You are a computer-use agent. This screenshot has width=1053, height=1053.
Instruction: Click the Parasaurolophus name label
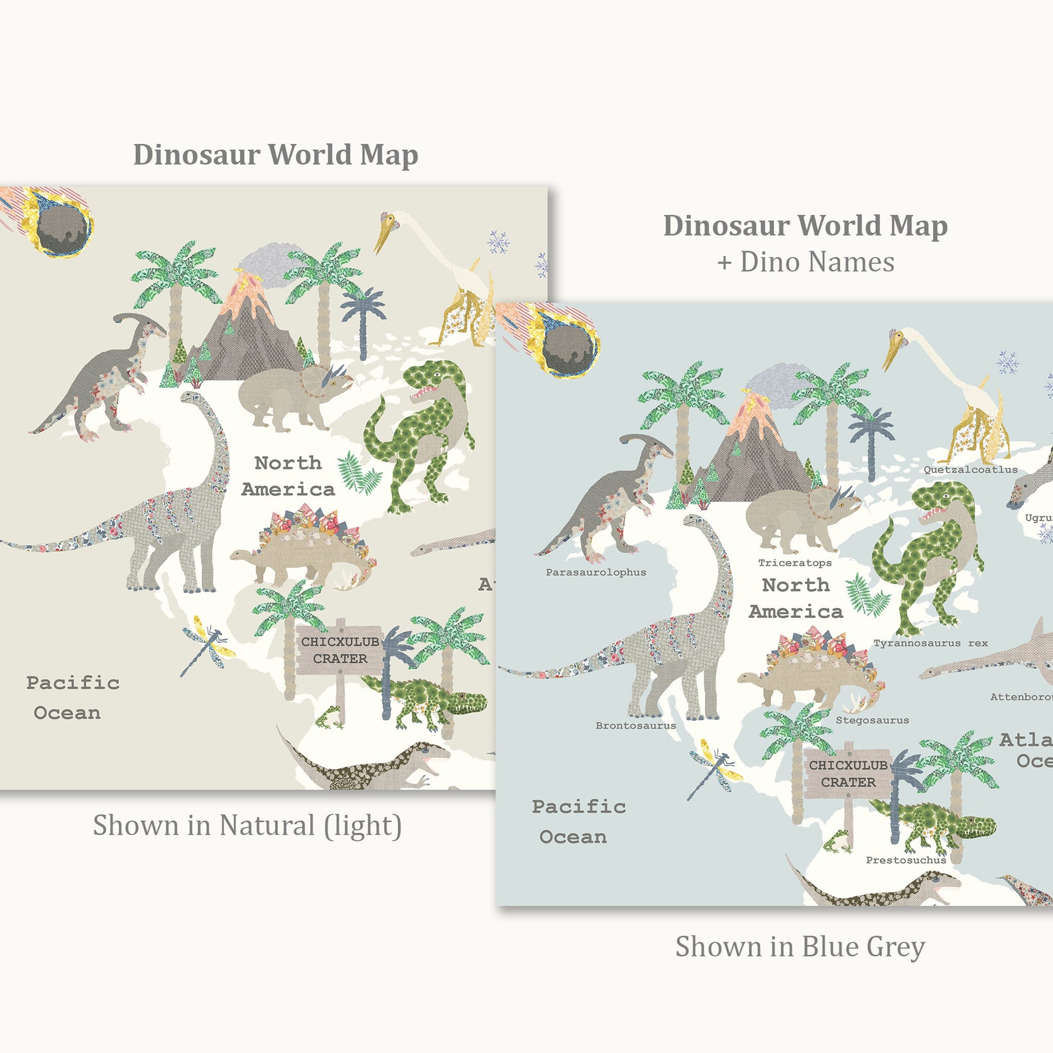pos(595,572)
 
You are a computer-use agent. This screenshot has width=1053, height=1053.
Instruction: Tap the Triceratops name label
pos(794,563)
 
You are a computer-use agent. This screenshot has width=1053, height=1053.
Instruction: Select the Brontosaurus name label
pos(635,725)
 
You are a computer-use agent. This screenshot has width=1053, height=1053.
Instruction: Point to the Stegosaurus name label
pos(872,720)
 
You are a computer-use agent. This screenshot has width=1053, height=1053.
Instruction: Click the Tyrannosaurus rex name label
pos(930,643)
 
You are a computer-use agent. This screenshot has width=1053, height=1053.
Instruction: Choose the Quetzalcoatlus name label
pos(970,469)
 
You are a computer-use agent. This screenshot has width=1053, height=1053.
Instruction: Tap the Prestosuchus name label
pos(906,860)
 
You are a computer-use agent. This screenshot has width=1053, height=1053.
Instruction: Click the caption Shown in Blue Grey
pos(800,947)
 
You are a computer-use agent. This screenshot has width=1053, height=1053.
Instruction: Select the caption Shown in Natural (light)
pos(247,826)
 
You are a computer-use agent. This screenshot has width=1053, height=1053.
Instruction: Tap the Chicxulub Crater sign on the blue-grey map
pos(847,774)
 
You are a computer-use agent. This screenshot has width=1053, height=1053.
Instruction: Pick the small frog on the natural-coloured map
pos(330,716)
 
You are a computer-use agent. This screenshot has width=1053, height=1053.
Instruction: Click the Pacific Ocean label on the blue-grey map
pos(577,822)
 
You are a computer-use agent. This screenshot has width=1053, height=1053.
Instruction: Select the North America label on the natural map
pos(288,476)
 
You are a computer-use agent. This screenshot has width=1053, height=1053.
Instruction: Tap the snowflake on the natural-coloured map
pos(498,242)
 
